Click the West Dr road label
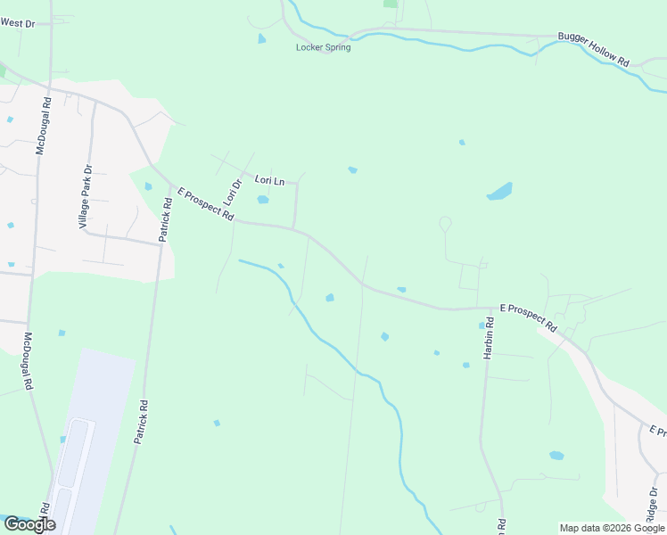coord(17,22)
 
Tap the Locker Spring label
coord(323,47)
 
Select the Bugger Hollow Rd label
coord(594,50)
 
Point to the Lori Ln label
coord(269,180)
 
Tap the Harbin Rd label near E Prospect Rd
coord(490,338)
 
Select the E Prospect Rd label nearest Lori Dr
coord(206,204)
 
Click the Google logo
coord(29,524)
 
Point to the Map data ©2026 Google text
coord(612,528)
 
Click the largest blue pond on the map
coord(500,192)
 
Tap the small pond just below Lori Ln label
coord(263,200)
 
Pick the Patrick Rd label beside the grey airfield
coord(142,422)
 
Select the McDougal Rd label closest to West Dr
coord(43,126)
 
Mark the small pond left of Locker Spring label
coord(261,38)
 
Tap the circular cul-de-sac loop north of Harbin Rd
coord(445,223)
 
